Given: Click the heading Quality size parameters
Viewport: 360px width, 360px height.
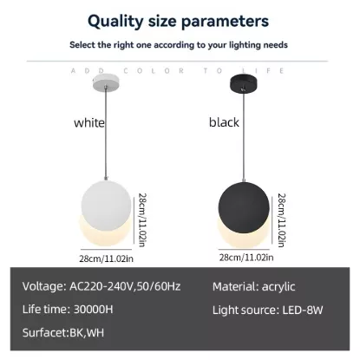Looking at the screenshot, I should pos(180,19).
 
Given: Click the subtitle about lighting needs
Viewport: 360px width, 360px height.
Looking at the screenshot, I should pos(180,44).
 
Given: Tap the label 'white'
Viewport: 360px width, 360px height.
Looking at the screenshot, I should pos(88,122).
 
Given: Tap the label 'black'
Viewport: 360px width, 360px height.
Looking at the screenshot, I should pos(224,122).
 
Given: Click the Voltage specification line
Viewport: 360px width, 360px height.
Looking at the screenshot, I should pos(101,285).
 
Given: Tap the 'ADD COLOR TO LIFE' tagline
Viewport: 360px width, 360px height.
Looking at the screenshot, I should pos(180,69).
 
